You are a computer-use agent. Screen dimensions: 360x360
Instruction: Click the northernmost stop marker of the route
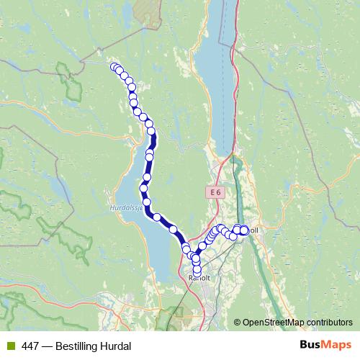pos(113,67)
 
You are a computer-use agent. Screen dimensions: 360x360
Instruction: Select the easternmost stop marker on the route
pos(244,230)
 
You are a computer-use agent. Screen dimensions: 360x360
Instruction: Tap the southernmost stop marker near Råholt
pos(197,271)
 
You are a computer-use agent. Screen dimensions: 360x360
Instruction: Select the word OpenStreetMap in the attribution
pos(276,322)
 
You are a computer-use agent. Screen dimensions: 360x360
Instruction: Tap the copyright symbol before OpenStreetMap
pos(238,322)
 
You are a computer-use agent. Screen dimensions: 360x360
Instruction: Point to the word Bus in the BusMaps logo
pos(310,346)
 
